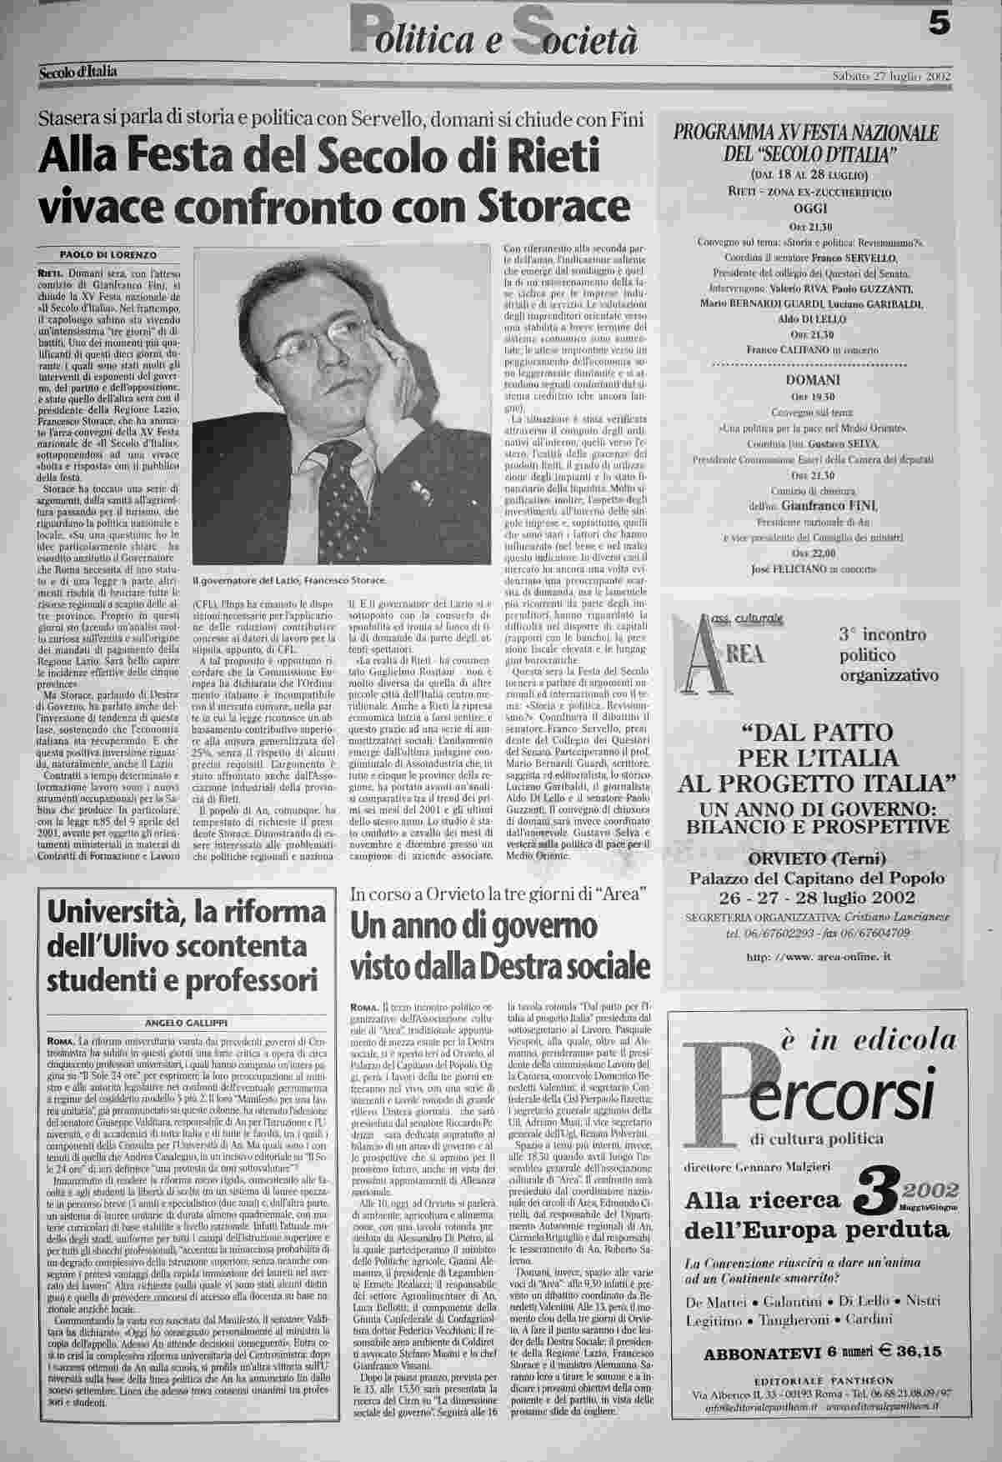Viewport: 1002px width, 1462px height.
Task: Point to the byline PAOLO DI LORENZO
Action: pos(108,254)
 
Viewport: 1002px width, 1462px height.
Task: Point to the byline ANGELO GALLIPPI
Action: pos(182,1023)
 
